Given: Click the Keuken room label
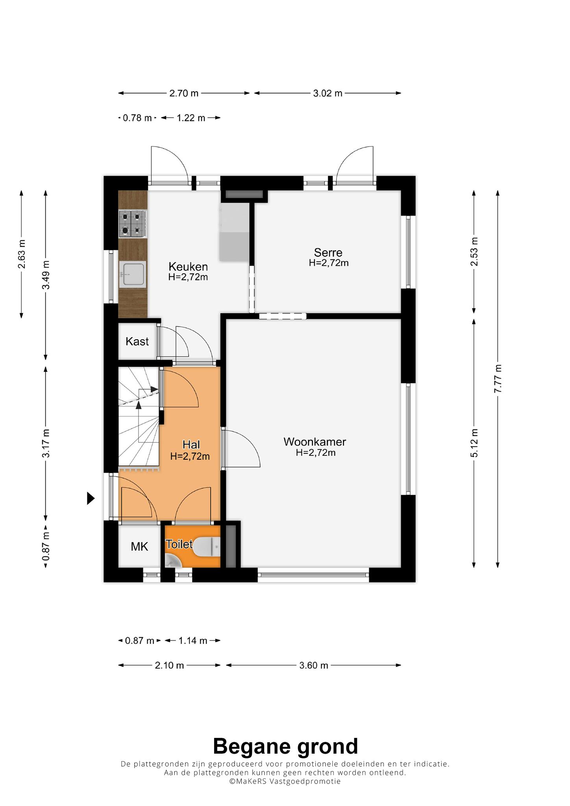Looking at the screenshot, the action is point(188,266).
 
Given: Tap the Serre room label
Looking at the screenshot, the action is point(328,252).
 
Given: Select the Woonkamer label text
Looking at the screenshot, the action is point(315,442).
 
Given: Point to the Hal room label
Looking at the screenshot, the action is point(191,445).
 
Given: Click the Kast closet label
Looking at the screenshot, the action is point(137,341).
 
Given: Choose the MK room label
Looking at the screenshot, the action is point(139,546).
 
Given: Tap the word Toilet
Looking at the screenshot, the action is point(179,544).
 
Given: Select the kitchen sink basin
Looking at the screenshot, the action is point(133,274).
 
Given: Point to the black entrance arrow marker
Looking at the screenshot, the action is point(91,499).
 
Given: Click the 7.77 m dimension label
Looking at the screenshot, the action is point(498,378).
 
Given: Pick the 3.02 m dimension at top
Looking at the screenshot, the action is point(328,93).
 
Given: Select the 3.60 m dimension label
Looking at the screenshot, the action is point(313,666).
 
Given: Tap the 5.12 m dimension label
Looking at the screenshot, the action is point(474,443).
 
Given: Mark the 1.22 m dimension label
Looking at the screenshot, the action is point(191,118).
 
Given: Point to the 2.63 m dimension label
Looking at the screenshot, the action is point(22,254).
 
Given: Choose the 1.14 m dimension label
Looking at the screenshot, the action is point(193,641).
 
